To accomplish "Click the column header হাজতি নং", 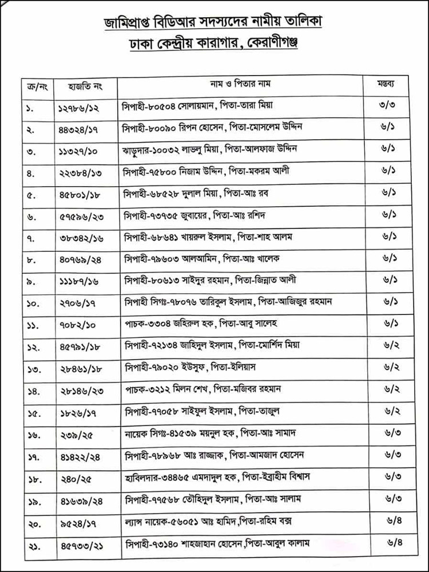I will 83,85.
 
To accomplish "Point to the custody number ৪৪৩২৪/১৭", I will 84,128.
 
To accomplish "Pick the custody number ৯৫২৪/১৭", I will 80,520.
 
